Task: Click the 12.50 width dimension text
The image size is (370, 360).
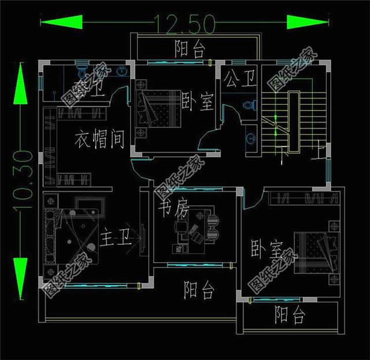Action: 184,23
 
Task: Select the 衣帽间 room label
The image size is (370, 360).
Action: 99,139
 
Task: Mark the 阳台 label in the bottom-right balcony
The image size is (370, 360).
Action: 290,316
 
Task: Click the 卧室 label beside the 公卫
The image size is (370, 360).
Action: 198,103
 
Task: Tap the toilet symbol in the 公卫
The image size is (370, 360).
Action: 249,106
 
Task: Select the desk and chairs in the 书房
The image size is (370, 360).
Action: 197,229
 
